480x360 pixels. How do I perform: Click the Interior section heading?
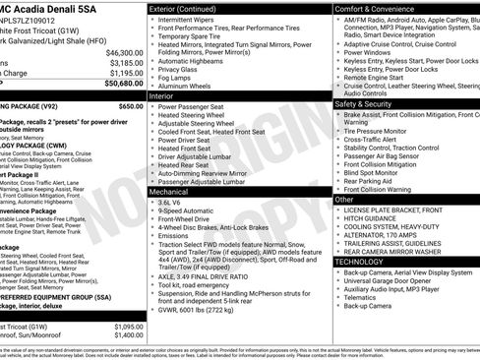pos(161,96)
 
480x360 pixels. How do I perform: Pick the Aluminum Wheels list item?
pos(187,87)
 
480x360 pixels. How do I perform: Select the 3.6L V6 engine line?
pos(170,202)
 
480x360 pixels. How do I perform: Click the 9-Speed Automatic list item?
pos(185,210)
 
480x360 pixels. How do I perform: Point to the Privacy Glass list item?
pos(182,69)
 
